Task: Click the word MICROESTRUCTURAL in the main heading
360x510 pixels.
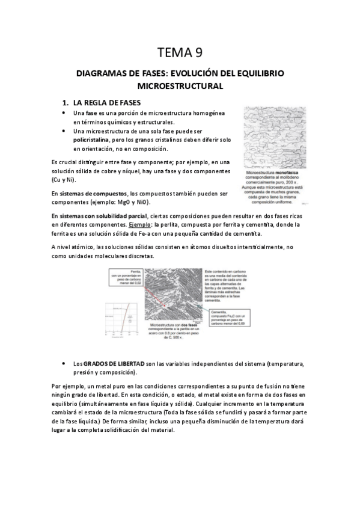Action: pyautogui.click(x=180, y=86)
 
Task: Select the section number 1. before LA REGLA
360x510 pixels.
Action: pyautogui.click(x=67, y=103)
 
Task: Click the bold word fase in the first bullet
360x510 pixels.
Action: pyautogui.click(x=91, y=113)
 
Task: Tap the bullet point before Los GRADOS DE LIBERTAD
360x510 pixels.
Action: pyautogui.click(x=64, y=364)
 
